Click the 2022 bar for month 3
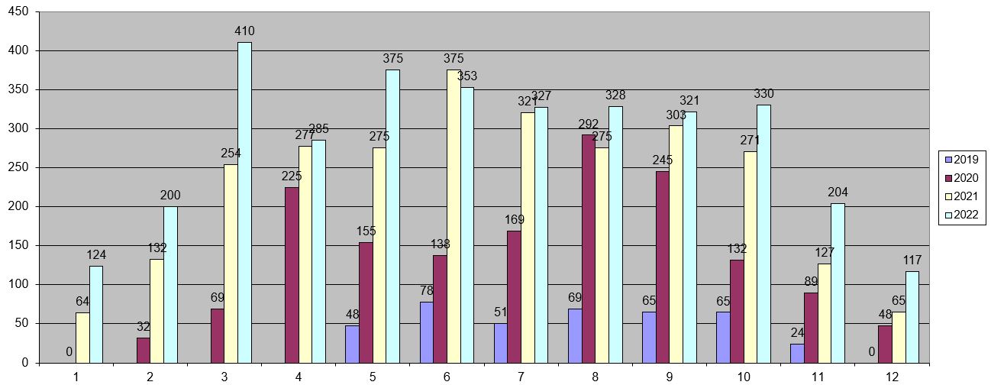(x=244, y=202)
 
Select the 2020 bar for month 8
(x=589, y=248)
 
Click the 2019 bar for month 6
(x=427, y=332)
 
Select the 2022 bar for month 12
(x=912, y=316)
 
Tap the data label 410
(x=244, y=31)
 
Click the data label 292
(x=589, y=125)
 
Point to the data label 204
(x=838, y=192)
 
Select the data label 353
(x=467, y=76)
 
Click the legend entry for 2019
(x=964, y=160)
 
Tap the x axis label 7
(x=521, y=377)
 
